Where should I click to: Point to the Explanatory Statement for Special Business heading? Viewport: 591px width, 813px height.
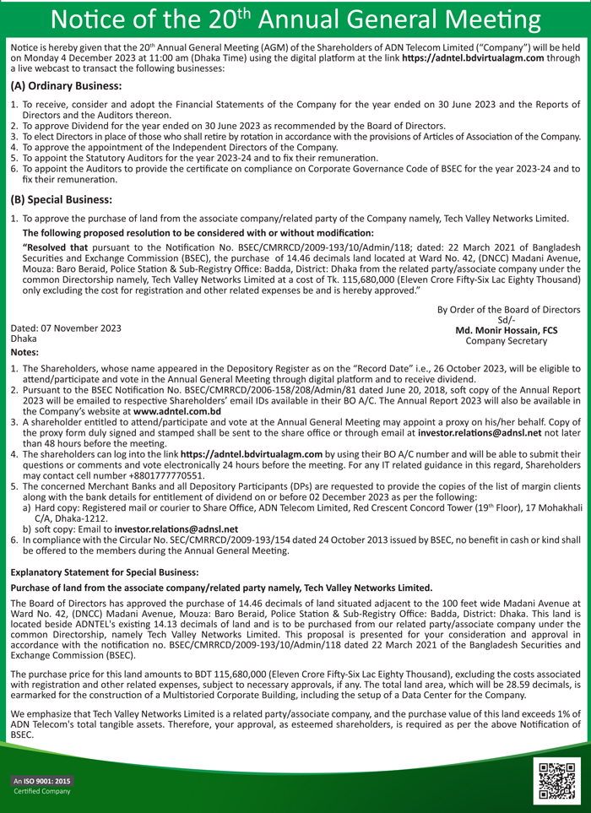tap(104, 572)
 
